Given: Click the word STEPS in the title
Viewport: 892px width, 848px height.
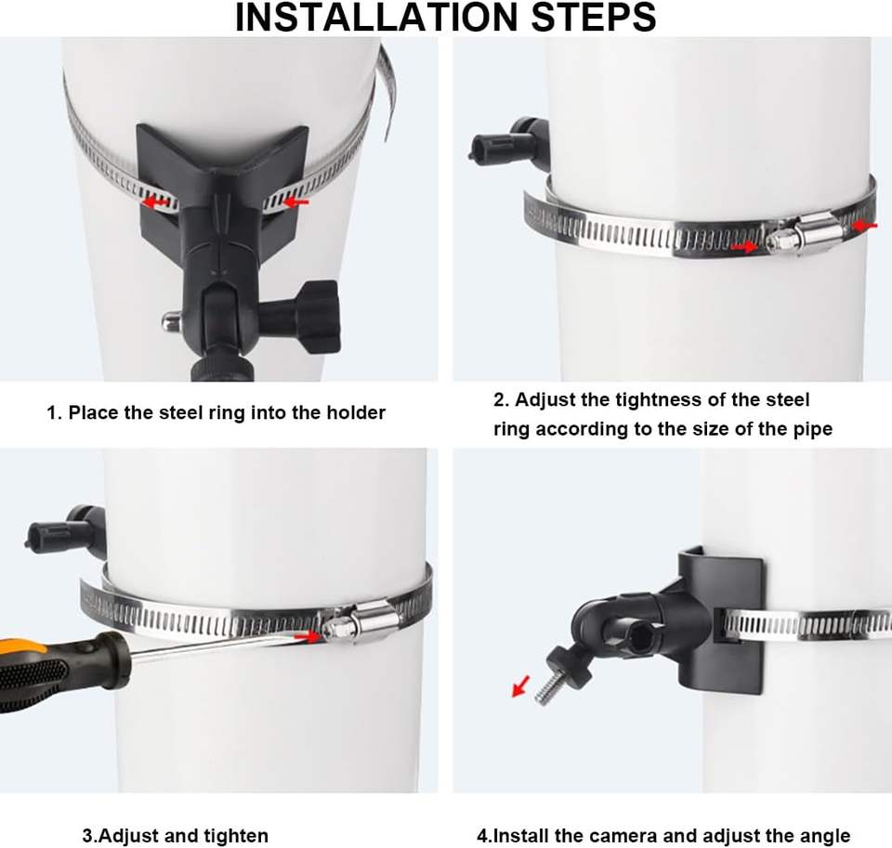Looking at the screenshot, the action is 594,17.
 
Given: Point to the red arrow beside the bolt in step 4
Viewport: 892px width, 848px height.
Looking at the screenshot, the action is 520,685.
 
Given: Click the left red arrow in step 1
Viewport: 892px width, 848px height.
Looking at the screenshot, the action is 154,202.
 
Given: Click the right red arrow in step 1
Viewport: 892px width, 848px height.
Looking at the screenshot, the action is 295,202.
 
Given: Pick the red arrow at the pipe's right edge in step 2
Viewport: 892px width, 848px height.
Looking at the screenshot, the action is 865,226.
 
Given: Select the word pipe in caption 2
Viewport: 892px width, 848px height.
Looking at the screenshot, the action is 814,429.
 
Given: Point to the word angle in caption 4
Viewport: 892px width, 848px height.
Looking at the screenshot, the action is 825,836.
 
